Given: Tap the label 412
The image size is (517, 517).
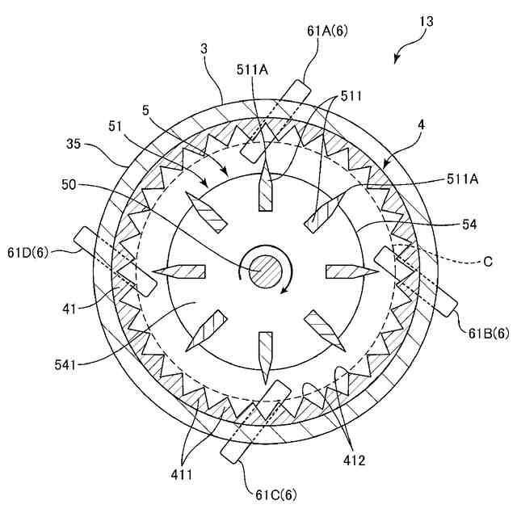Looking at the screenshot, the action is (354, 461).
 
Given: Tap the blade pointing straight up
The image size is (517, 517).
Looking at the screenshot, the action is (264, 191).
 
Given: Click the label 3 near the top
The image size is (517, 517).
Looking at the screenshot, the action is (204, 49).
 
